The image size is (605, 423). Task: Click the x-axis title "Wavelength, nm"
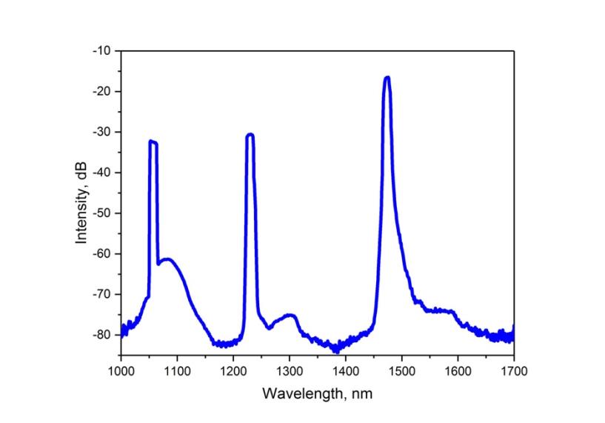tap(317, 393)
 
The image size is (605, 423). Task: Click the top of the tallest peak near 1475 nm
tap(387, 78)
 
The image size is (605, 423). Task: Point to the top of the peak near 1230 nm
tap(250, 135)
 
